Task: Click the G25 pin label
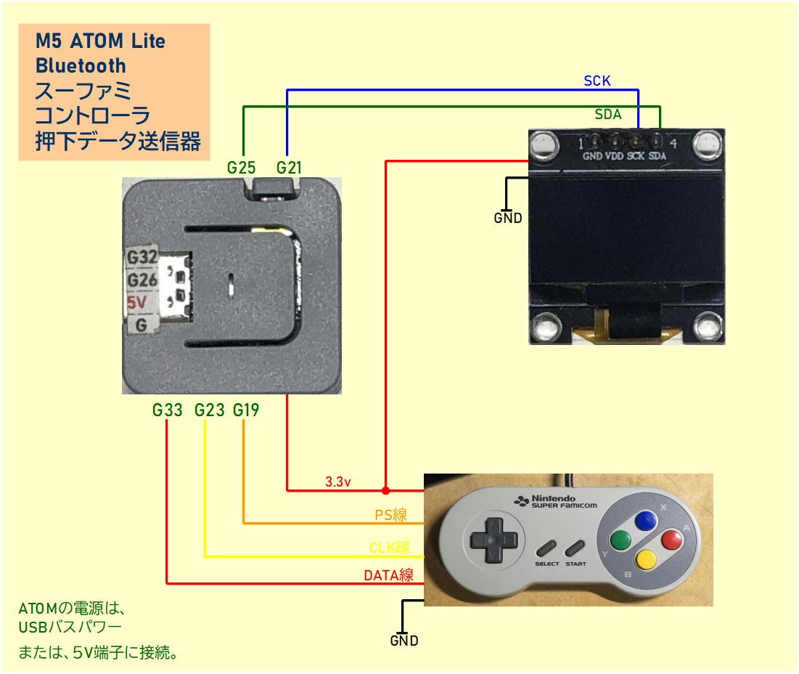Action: pos(241,168)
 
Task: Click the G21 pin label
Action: pos(289,168)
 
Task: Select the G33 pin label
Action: pos(167,410)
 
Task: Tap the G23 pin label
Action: pos(209,410)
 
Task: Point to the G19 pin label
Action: pos(246,410)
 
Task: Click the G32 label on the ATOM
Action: pos(142,257)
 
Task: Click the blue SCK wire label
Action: pos(597,81)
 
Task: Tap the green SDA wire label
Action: pos(607,114)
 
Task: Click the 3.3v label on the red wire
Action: pos(338,482)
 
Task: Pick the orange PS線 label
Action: pos(390,515)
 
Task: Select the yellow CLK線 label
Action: pos(389,548)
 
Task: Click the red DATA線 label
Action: pos(388,575)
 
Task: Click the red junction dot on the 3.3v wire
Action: pos(385,490)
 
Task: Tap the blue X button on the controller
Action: pos(645,521)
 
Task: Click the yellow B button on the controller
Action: pos(645,559)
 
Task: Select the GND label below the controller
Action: pos(404,641)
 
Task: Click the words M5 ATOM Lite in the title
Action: pos(100,41)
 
